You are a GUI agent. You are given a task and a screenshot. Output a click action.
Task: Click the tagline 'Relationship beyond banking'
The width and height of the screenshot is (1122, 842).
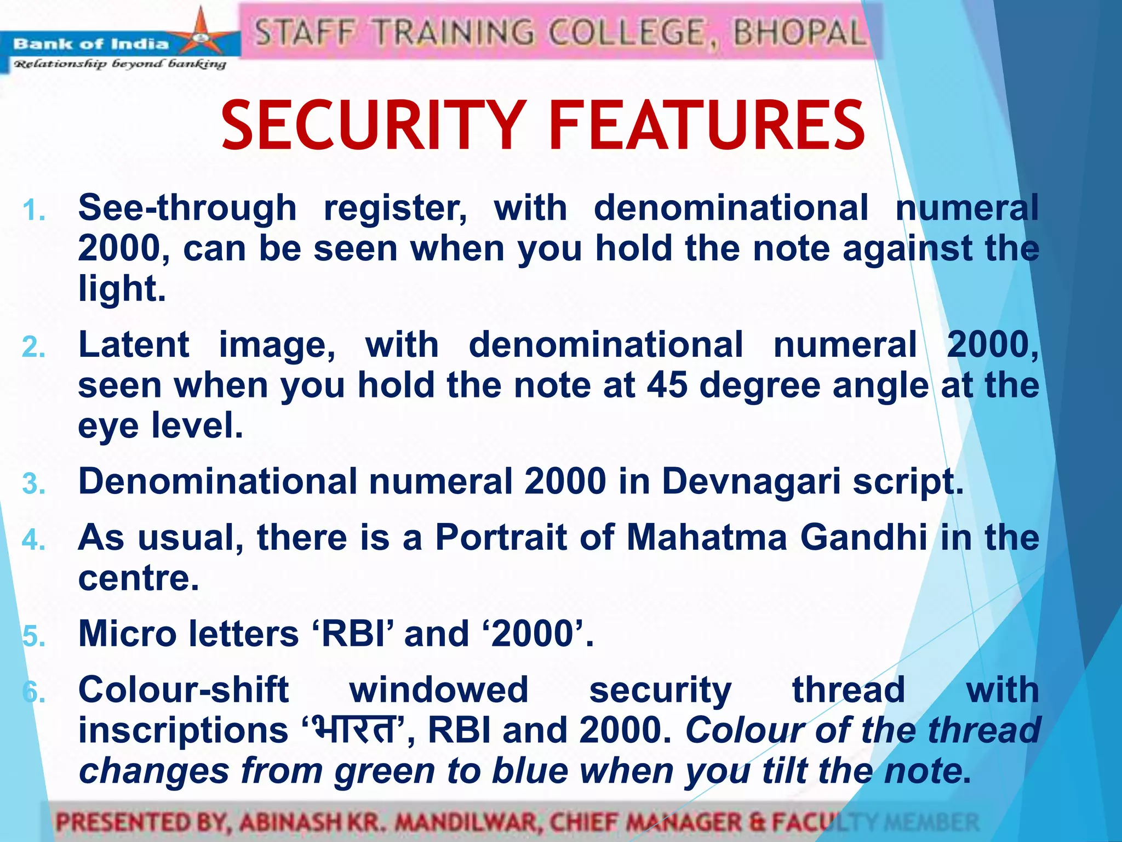120,64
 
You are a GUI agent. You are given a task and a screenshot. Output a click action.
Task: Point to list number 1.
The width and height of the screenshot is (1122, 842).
33,210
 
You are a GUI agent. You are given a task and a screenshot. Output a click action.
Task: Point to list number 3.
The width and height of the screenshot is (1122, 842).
33,483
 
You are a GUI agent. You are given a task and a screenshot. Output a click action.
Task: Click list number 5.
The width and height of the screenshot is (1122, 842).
33,636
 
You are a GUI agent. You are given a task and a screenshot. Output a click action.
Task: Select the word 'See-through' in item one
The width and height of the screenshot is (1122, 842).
187,208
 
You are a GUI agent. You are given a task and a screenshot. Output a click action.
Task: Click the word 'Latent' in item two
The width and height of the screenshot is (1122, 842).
134,345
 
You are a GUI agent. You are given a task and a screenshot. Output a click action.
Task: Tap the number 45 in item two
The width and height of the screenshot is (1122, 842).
667,385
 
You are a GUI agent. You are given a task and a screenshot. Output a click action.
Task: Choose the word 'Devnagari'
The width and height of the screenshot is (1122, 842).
751,481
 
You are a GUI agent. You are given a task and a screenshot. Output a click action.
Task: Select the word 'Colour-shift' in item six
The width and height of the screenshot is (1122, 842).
184,690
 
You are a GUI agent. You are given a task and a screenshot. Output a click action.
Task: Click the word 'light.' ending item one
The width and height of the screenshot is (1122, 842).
122,289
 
